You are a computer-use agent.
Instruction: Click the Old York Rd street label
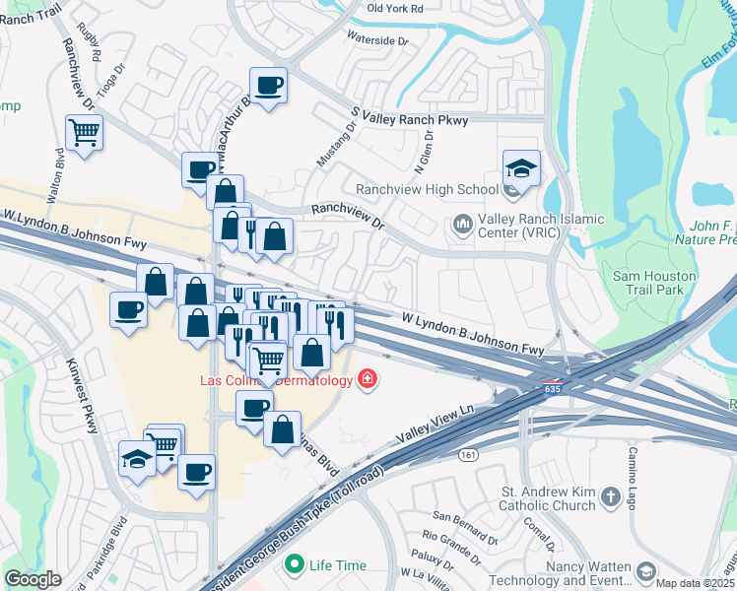click(x=394, y=8)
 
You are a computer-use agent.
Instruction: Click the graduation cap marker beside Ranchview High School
click(x=521, y=167)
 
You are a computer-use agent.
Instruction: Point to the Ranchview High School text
click(x=427, y=189)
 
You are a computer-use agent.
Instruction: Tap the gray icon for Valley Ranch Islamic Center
click(x=462, y=227)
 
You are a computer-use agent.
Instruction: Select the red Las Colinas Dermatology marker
click(x=368, y=379)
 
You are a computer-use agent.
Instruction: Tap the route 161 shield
click(x=468, y=454)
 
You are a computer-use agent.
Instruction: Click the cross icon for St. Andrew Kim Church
click(x=610, y=497)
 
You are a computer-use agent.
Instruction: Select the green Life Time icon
click(x=293, y=565)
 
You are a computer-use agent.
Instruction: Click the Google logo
click(x=33, y=580)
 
